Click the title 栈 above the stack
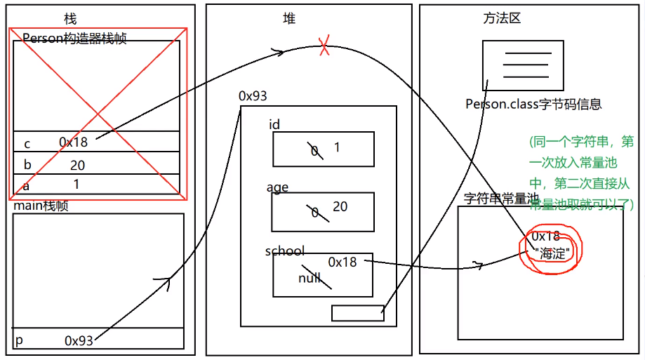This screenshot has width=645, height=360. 70,19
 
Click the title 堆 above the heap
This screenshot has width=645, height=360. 289,19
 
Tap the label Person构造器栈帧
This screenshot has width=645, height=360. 74,39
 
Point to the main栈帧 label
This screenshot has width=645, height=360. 41,206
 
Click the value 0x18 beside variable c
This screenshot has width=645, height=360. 74,142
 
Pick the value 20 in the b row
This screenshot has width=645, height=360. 77,166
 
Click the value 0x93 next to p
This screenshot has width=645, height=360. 79,340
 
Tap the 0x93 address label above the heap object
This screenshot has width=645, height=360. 253,95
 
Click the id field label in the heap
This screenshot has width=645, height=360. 274,125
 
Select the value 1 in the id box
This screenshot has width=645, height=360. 337,147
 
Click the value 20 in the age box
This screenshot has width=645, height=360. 340,206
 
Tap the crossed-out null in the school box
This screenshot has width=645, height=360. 310,278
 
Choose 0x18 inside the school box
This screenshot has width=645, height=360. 343,262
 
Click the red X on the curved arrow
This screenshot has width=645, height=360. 324,47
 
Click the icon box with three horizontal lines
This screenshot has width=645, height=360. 523,65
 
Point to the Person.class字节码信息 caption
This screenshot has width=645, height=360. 533,104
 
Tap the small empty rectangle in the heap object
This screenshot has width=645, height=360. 357,313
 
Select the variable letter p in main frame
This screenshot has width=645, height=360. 20,340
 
